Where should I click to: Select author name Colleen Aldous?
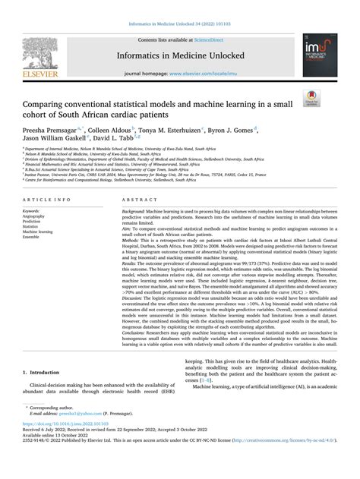(x=111, y=131)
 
